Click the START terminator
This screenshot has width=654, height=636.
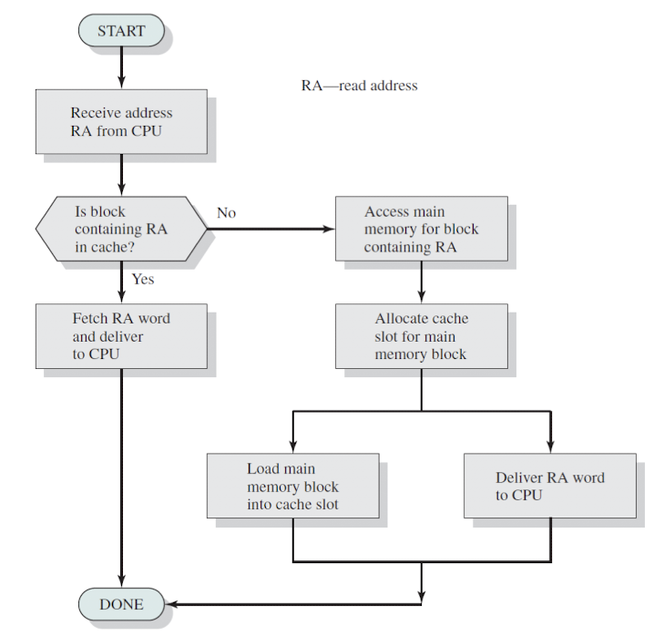(x=121, y=30)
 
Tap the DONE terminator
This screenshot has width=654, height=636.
(x=121, y=604)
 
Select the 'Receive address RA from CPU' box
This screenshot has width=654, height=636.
(x=121, y=121)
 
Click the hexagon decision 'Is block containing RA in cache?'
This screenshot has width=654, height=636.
(x=121, y=229)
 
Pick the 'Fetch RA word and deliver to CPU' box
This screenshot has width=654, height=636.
(x=121, y=336)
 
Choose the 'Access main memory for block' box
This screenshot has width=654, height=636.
(x=422, y=229)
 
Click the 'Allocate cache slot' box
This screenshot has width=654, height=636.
(x=422, y=336)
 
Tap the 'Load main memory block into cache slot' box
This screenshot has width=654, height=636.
(x=293, y=486)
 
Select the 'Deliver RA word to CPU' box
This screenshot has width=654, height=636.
(x=550, y=486)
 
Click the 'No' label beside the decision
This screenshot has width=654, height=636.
(x=227, y=213)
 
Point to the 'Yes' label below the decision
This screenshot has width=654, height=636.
(x=143, y=279)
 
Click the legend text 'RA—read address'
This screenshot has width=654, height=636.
(x=359, y=86)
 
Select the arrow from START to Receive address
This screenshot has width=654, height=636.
(x=121, y=67)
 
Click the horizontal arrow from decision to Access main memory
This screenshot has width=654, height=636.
(x=271, y=229)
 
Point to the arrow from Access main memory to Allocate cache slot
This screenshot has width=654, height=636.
(x=422, y=282)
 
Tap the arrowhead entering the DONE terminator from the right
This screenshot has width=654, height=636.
(x=171, y=604)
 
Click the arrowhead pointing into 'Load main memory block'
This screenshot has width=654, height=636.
(x=293, y=446)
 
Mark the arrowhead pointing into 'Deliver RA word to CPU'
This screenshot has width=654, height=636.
(x=550, y=446)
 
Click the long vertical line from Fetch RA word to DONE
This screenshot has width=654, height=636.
(x=121, y=478)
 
